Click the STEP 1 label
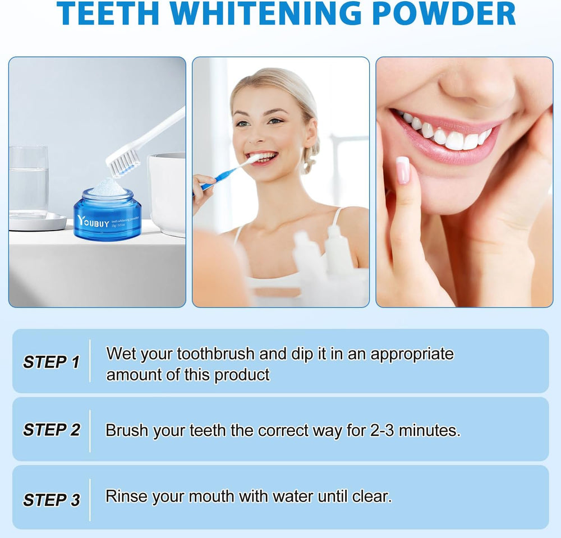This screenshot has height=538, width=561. pyautogui.click(x=51, y=362)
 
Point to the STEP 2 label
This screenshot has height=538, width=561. pyautogui.click(x=51, y=430)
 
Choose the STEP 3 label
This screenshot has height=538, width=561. pyautogui.click(x=51, y=499)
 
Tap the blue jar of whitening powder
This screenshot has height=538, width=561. pyautogui.click(x=107, y=216)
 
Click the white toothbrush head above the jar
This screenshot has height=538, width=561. pyautogui.click(x=123, y=160)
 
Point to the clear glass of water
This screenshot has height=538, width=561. pyautogui.click(x=28, y=180)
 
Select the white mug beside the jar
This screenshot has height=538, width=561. pyautogui.click(x=167, y=191)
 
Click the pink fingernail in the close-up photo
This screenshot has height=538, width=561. pyautogui.click(x=402, y=170)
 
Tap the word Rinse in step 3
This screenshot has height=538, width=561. pyautogui.click(x=125, y=496)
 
